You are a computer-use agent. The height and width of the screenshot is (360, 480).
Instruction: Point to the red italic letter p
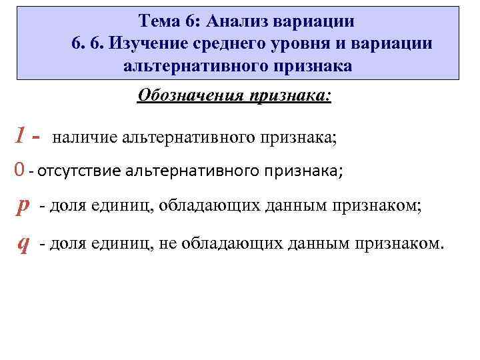23,207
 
